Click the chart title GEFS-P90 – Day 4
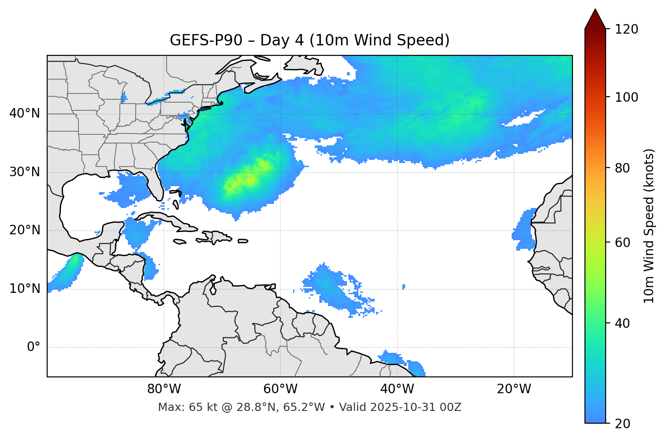click(x=309, y=40)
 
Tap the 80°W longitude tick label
click(x=164, y=389)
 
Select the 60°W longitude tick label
click(x=280, y=389)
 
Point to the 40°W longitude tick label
click(x=397, y=389)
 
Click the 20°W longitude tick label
click(x=513, y=389)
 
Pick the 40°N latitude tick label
click(x=24, y=114)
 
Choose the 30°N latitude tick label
click(x=24, y=172)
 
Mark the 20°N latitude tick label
click(x=24, y=230)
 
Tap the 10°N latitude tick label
click(x=24, y=289)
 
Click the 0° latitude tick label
click(x=33, y=347)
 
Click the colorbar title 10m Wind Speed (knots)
click(x=649, y=226)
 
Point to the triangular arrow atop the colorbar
click(x=595, y=20)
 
